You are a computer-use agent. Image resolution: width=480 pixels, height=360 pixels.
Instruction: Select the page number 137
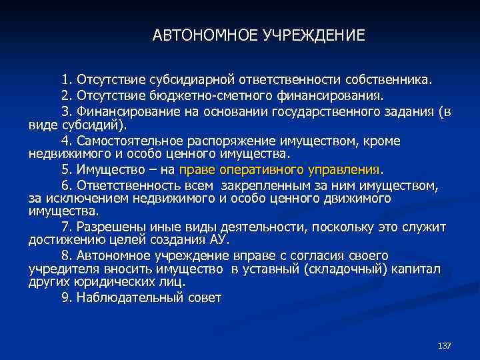coord(445,345)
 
